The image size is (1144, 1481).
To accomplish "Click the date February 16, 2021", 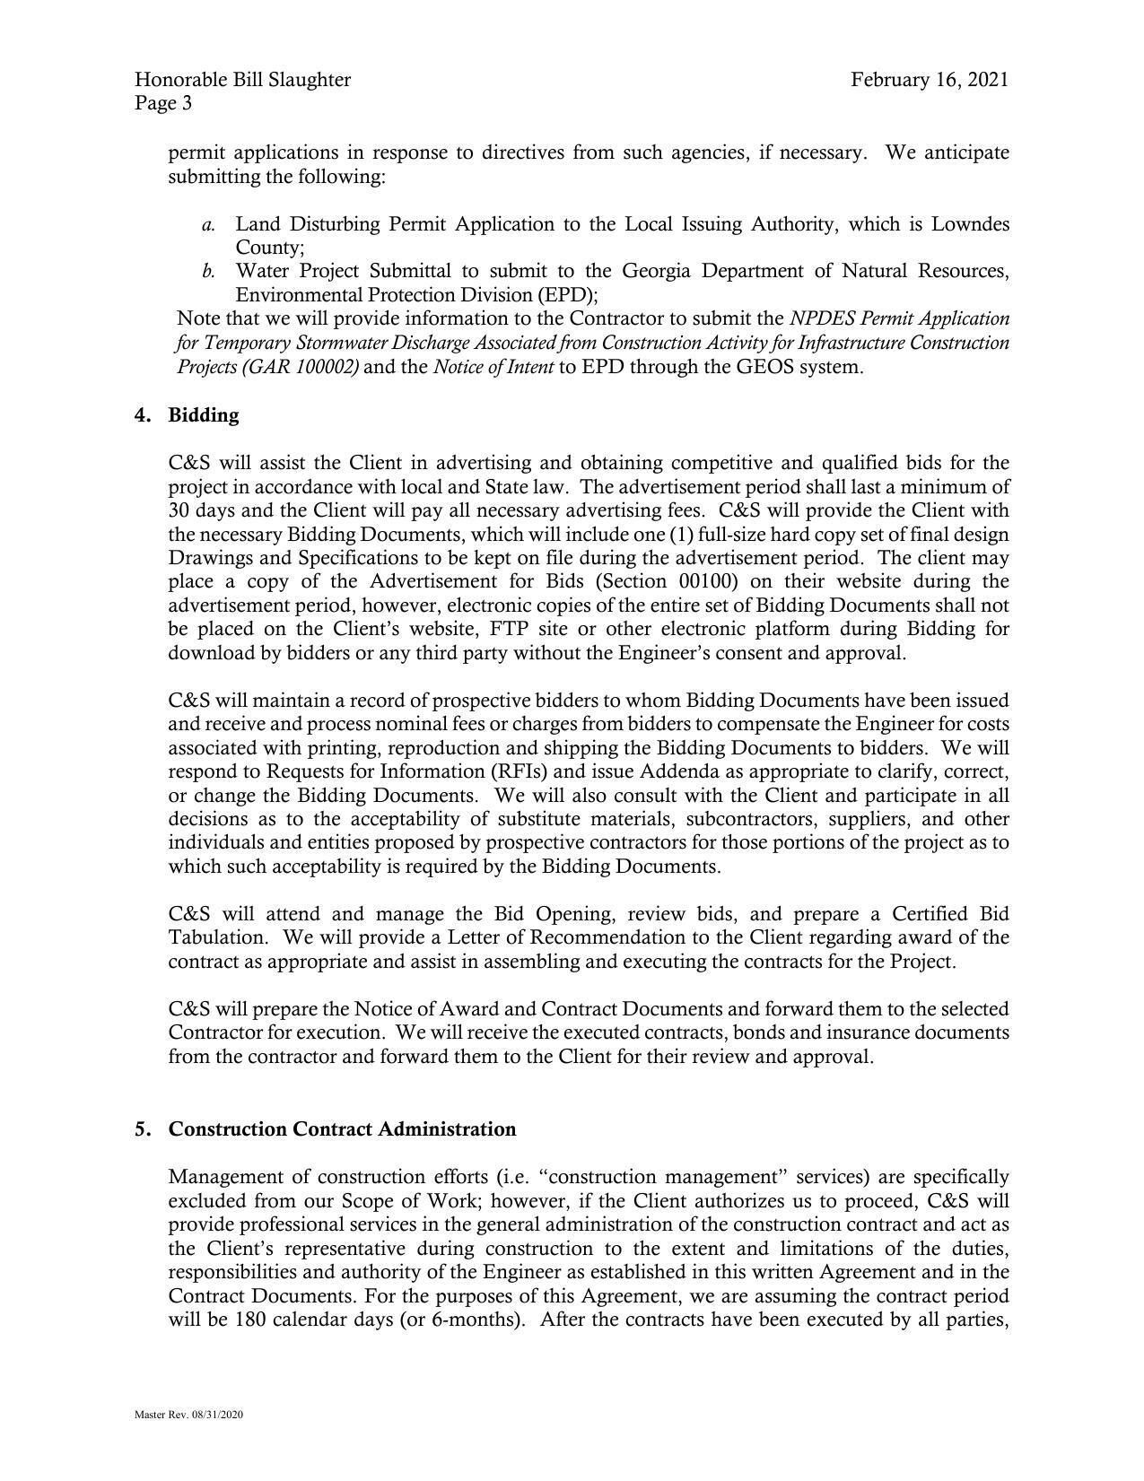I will click(x=929, y=80).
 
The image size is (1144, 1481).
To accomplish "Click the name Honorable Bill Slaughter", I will click(x=242, y=80).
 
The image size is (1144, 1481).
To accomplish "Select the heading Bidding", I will click(x=204, y=415).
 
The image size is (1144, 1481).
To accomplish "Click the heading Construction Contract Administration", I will click(x=342, y=1129).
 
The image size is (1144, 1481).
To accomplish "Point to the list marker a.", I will click(x=207, y=224).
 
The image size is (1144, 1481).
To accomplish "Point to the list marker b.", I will click(x=207, y=271).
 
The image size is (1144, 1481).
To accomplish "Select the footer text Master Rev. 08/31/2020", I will click(x=189, y=1415).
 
